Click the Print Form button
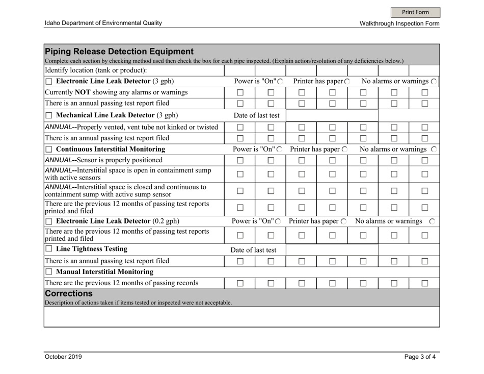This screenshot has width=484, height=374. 415,12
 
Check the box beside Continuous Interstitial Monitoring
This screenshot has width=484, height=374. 49,149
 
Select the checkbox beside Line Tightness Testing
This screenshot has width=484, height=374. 49,250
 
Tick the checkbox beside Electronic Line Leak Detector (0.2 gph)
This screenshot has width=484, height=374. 49,221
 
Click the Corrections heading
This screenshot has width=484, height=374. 71,294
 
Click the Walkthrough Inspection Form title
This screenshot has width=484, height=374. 399,23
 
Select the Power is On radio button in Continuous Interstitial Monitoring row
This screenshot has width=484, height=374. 280,149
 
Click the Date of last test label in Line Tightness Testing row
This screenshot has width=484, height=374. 254,250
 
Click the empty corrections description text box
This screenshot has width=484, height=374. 241,317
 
